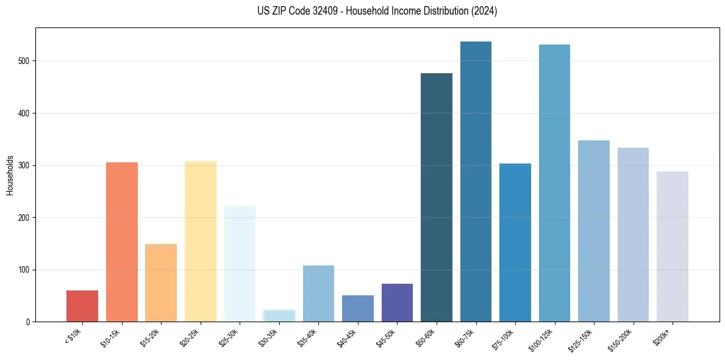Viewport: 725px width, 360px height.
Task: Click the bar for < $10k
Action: click(x=82, y=306)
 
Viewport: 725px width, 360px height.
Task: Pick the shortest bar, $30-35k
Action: click(x=279, y=315)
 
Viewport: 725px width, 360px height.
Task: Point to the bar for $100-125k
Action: click(x=554, y=183)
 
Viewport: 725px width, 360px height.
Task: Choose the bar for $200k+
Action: click(x=673, y=247)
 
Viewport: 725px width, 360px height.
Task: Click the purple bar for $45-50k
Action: click(x=397, y=303)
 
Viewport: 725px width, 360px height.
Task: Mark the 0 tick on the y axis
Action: click(x=29, y=322)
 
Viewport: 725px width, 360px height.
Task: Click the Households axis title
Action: click(x=10, y=175)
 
